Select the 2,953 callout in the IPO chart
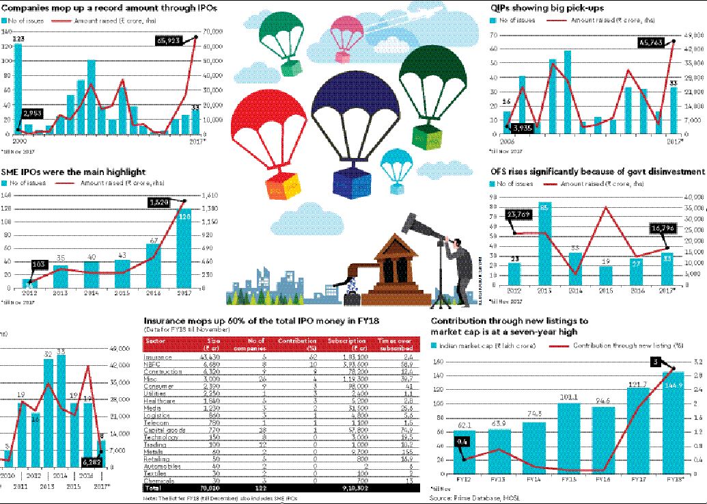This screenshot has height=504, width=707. (36, 113)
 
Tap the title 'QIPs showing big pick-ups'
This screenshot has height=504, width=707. (537, 8)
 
